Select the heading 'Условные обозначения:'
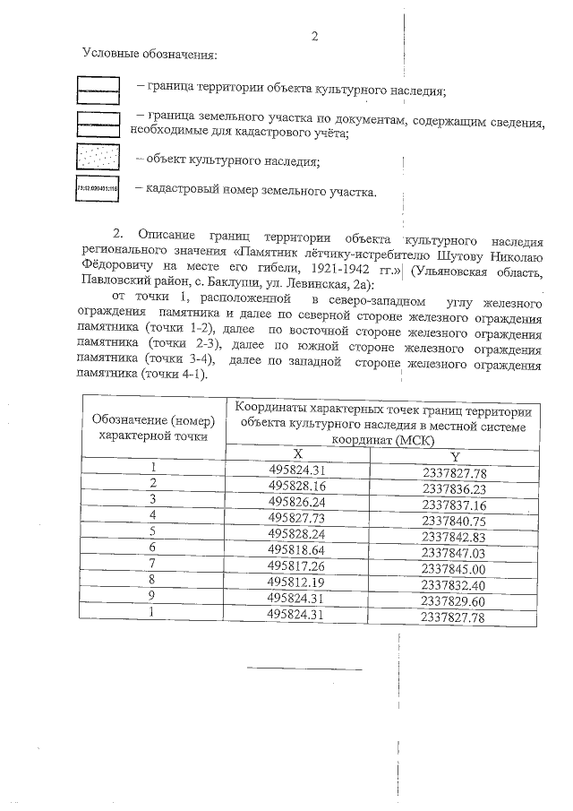coord(150,56)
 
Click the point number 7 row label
coord(153,565)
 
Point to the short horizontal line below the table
coord(304,669)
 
